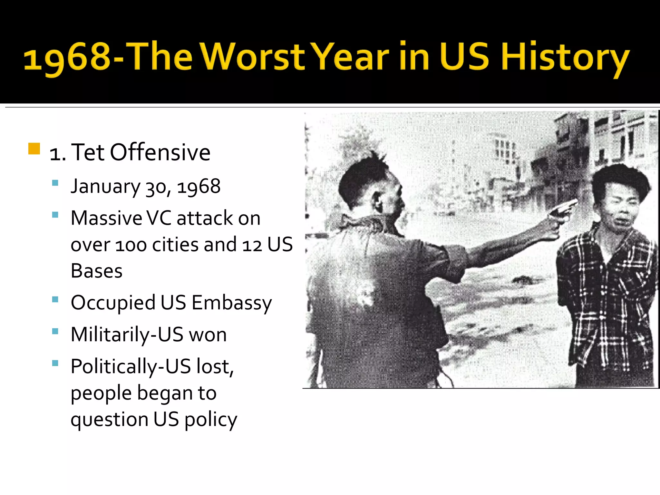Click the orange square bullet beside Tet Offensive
[x=34, y=149]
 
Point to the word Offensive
[x=160, y=152]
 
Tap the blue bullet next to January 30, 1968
[x=55, y=183]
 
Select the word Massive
[x=106, y=218]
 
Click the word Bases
[x=96, y=271]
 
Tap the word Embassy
[x=231, y=303]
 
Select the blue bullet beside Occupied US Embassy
[x=55, y=300]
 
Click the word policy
[x=211, y=420]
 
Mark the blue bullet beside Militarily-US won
[x=55, y=331]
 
